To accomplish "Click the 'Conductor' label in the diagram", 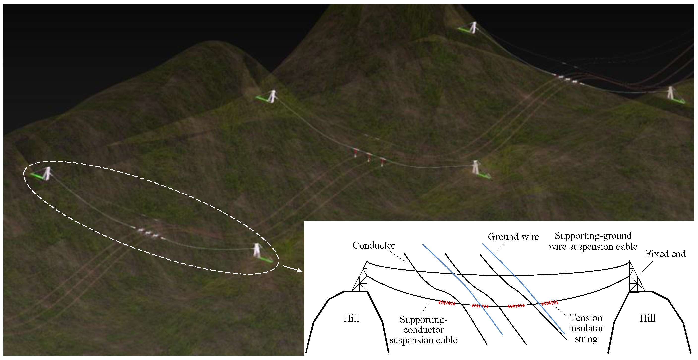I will point(374,245).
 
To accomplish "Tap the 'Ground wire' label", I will point(513,237).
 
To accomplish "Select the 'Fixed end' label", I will point(665,254).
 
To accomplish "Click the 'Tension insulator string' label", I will point(586,328).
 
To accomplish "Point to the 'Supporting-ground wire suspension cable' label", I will point(593,241).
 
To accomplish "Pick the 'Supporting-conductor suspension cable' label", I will point(423,330).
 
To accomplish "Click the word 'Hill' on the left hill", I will point(351,318).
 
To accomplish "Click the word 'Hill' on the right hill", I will point(647,318).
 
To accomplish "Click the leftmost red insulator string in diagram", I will point(447,303).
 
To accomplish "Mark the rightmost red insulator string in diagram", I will point(549,303).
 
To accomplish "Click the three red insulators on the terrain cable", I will point(368,157).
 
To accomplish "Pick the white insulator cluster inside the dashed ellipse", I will point(148,232).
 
